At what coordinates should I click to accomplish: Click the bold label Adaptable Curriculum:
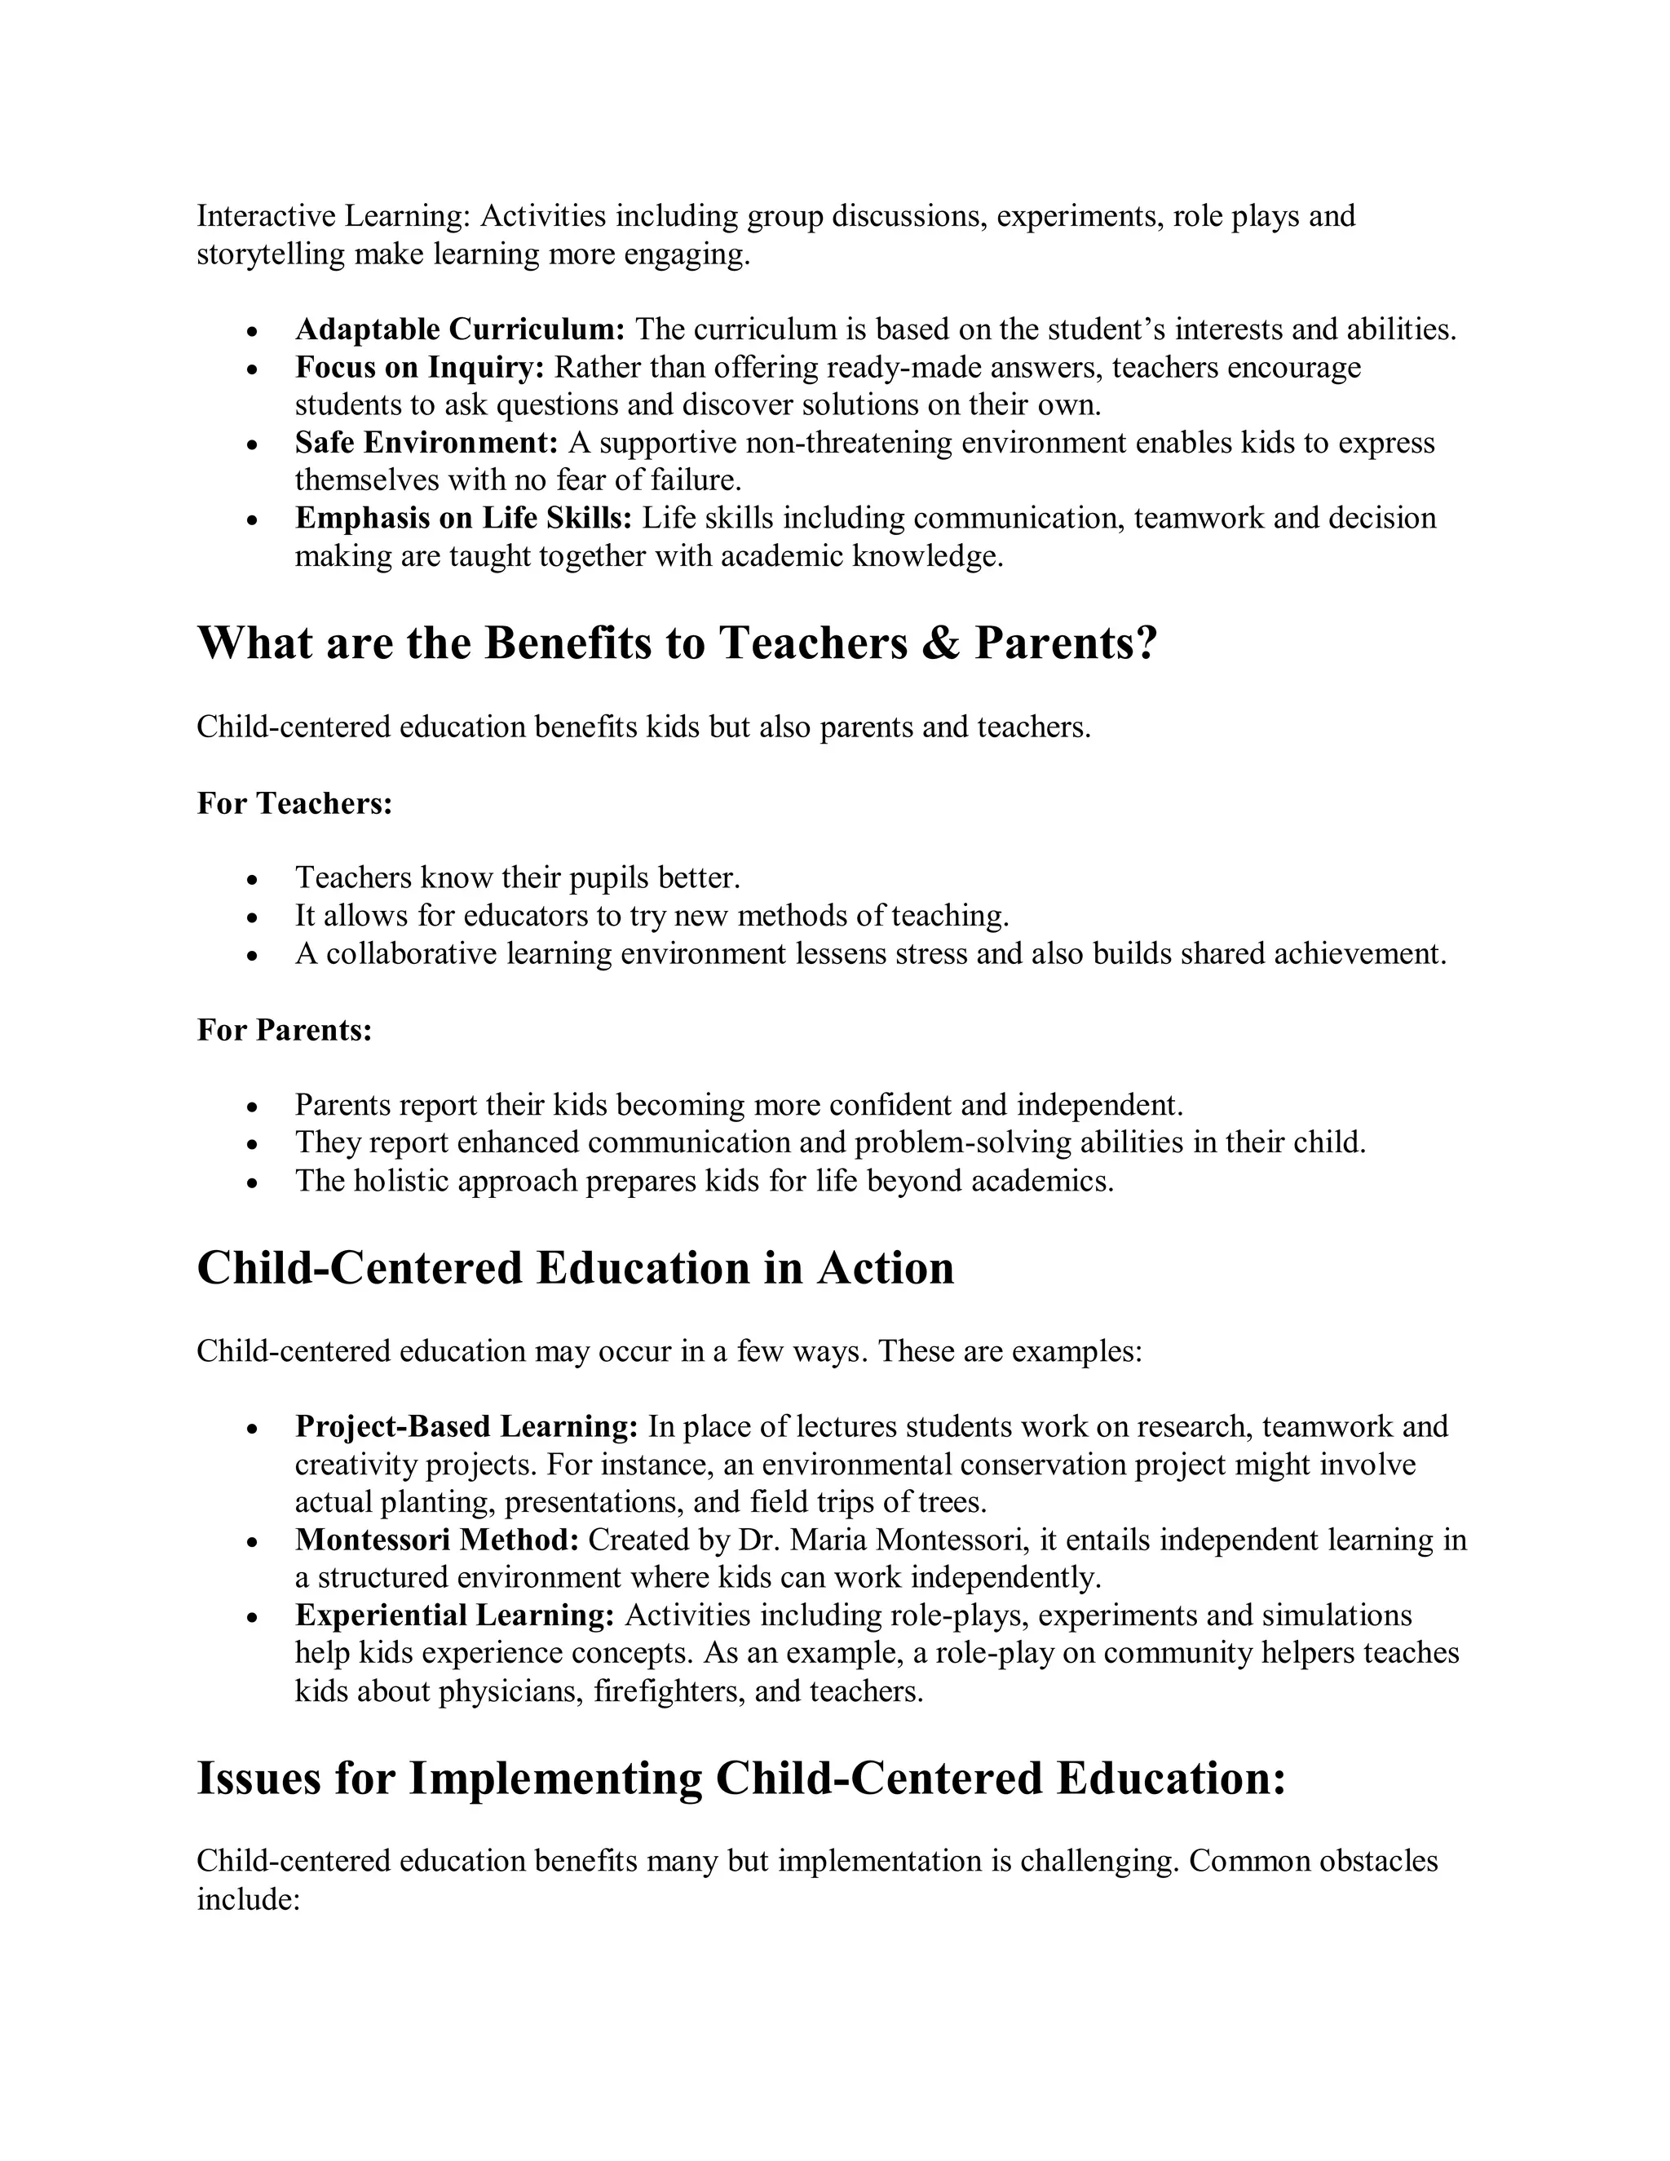coord(460,329)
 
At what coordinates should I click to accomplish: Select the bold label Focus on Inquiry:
coord(419,367)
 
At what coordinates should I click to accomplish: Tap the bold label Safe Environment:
coord(426,442)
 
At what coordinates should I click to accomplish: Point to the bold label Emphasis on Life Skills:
coord(463,518)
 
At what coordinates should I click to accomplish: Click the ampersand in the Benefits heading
coord(941,643)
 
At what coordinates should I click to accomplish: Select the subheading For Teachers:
coord(295,802)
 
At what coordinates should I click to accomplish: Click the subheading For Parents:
coord(285,1030)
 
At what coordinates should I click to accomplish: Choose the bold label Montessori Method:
coord(436,1540)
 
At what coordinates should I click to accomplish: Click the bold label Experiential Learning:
coord(455,1615)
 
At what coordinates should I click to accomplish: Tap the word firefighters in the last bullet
coord(668,1691)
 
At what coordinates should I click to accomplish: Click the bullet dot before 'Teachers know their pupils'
coord(254,878)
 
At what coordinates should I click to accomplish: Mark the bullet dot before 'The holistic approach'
coord(254,1182)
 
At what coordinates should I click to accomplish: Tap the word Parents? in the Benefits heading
coord(1066,643)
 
